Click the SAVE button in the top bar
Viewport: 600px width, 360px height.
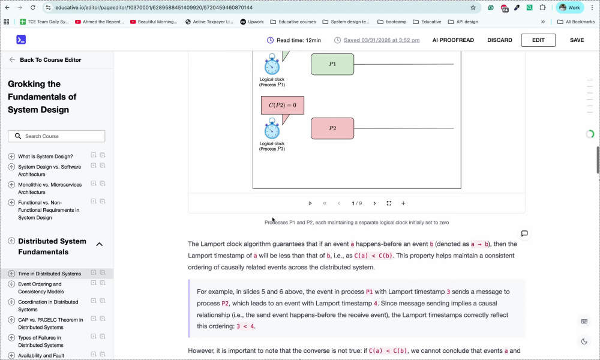tap(577, 40)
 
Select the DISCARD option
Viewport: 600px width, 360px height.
tap(499, 40)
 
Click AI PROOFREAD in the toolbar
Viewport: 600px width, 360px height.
tap(453, 40)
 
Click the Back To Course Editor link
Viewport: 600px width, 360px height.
tap(50, 59)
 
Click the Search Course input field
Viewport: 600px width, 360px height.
tap(56, 136)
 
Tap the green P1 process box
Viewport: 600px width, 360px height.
tap(332, 64)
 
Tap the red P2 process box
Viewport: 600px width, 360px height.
tap(332, 128)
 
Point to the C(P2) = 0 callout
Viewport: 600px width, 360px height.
tap(283, 105)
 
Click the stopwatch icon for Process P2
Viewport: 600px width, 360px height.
tap(272, 128)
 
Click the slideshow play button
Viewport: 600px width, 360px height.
tap(310, 203)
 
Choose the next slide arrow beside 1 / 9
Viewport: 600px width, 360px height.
tap(374, 203)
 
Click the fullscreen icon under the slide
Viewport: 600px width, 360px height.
tap(389, 203)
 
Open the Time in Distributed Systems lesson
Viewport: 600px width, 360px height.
tap(49, 274)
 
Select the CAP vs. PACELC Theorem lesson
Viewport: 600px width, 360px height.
tap(50, 323)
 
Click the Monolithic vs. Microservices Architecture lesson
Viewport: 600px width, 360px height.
tap(50, 188)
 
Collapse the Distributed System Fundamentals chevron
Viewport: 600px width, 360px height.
tap(100, 244)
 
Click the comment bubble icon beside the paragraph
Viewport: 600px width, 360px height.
tap(524, 233)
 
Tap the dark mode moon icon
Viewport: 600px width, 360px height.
tap(584, 341)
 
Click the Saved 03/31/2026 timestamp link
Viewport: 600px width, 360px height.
tap(382, 40)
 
